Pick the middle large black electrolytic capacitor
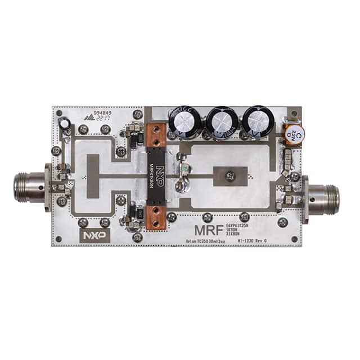click(x=220, y=121)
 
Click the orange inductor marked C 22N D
click(x=293, y=133)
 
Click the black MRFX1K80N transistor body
click(x=159, y=177)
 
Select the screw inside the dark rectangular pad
click(x=229, y=177)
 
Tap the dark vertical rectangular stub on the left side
click(x=92, y=175)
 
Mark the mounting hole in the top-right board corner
click(x=294, y=112)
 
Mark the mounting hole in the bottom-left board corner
click(x=58, y=238)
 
